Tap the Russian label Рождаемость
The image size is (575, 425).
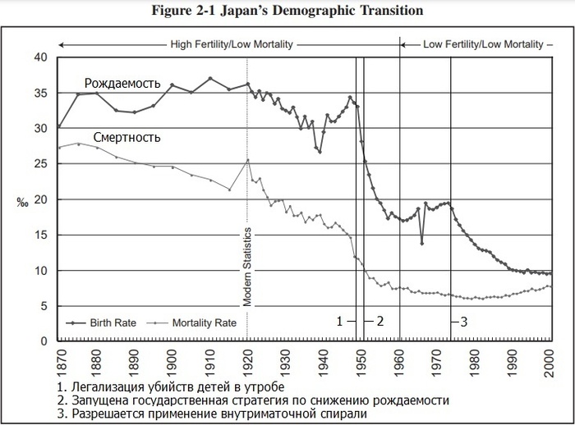coord(122,84)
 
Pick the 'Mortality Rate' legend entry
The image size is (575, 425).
coord(204,322)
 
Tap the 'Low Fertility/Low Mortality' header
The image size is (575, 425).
coord(483,43)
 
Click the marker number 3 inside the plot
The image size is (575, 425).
coord(464,322)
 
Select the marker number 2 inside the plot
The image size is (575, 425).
coord(380,322)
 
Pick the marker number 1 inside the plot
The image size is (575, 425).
coord(338,322)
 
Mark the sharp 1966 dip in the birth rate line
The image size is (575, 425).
coord(422,243)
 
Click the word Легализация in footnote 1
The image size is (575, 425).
coord(105,386)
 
